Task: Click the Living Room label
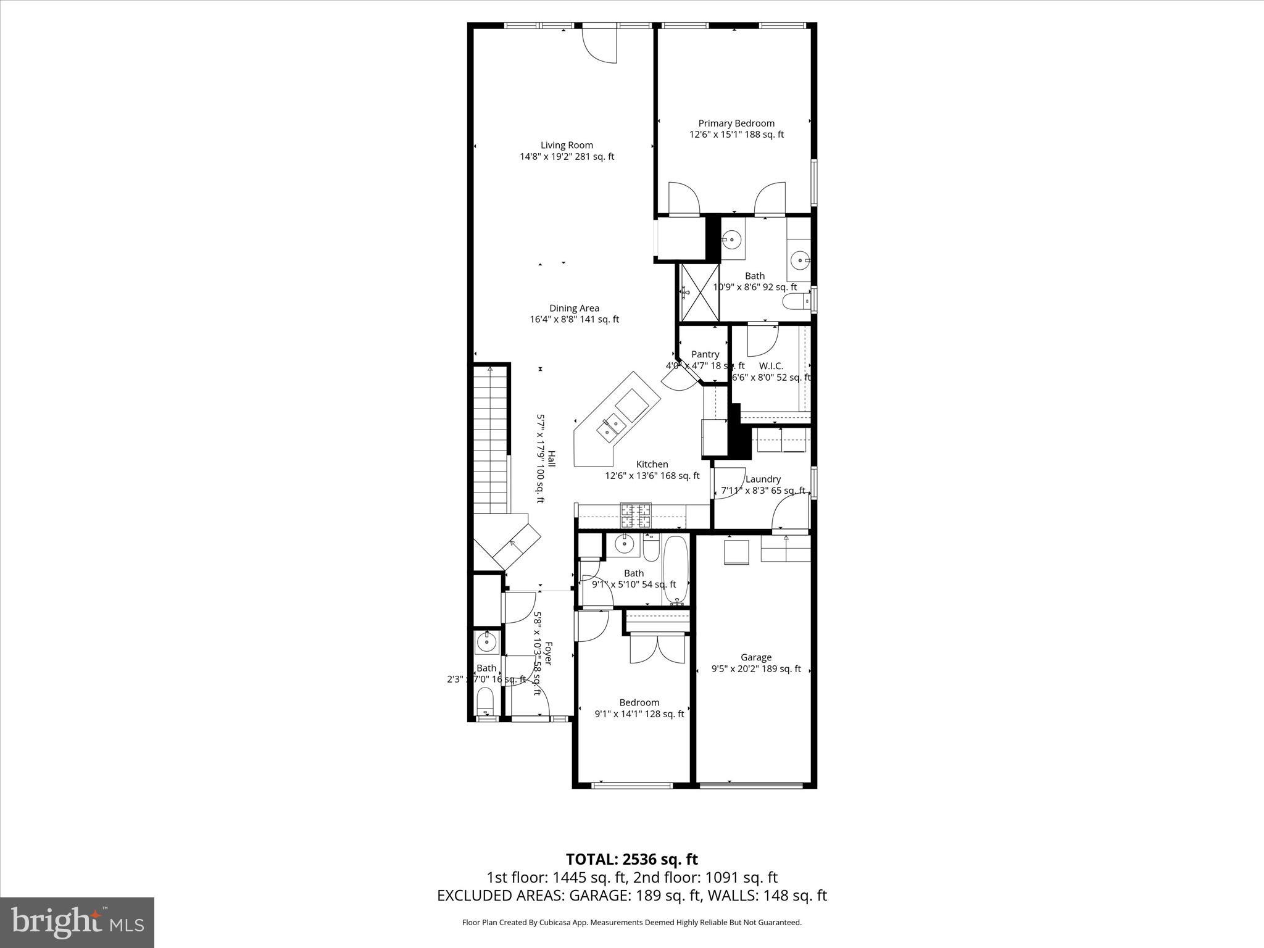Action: [x=567, y=146]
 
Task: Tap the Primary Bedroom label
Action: [x=736, y=123]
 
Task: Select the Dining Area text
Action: [x=574, y=309]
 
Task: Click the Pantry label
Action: [x=705, y=354]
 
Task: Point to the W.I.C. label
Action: [x=771, y=366]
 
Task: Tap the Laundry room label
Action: [x=763, y=480]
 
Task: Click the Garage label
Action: [x=756, y=658]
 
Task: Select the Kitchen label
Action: [x=652, y=465]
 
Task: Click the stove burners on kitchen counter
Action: [x=636, y=516]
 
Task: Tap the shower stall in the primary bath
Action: [x=700, y=293]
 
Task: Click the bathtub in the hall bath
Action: [x=676, y=570]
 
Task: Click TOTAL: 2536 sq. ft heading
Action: [x=631, y=859]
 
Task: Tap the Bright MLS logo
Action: [x=77, y=922]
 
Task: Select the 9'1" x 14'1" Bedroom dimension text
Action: [x=639, y=714]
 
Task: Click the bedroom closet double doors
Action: [x=657, y=649]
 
